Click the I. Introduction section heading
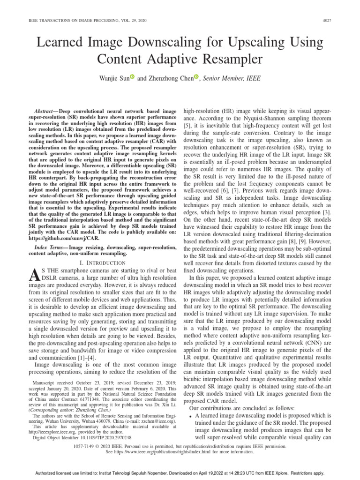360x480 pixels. (x=103, y=263)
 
